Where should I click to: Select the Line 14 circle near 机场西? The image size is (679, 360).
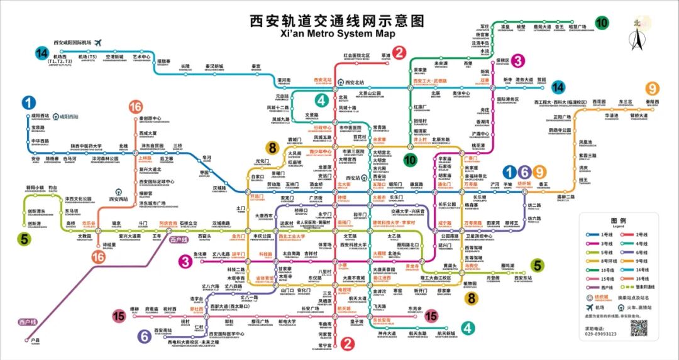click(x=42, y=53)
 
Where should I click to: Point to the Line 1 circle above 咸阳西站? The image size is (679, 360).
click(x=28, y=103)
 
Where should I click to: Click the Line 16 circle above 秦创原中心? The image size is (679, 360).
click(x=135, y=107)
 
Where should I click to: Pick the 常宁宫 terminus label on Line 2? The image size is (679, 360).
click(x=324, y=346)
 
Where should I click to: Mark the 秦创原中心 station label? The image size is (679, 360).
click(x=151, y=118)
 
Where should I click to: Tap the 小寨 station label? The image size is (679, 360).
click(x=343, y=266)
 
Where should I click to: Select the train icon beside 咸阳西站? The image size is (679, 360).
click(x=55, y=116)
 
